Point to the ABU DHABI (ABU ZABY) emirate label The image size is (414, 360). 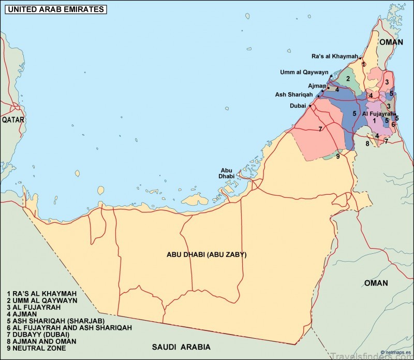206,255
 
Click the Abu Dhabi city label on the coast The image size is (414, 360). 227,173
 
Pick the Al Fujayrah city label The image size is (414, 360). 378,113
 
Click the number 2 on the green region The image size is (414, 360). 348,79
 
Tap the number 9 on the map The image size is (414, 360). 337,156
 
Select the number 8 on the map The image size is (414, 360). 367,143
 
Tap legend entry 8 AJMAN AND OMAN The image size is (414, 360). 41,341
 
